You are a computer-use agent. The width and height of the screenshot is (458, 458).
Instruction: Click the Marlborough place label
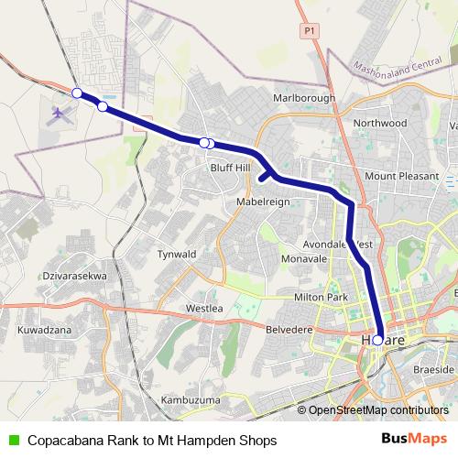click(304, 98)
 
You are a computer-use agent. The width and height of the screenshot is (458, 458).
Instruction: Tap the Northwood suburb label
click(379, 123)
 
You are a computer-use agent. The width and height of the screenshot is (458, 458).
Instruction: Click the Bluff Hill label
click(230, 168)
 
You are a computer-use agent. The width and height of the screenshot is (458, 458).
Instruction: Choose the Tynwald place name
click(177, 254)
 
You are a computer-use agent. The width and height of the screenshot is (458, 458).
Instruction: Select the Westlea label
click(203, 308)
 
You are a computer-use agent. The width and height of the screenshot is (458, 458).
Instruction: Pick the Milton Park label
click(321, 299)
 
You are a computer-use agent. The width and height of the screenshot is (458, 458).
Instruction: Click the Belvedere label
click(289, 328)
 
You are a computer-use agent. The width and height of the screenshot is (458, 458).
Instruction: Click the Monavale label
click(304, 260)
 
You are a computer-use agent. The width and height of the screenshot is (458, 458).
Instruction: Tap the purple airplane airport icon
click(60, 114)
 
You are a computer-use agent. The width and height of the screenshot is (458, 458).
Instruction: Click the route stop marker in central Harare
click(377, 340)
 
